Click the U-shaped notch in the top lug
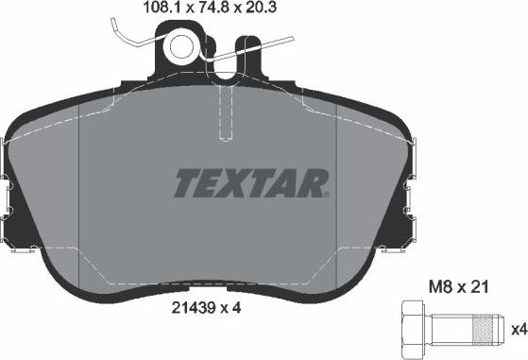(247, 50)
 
